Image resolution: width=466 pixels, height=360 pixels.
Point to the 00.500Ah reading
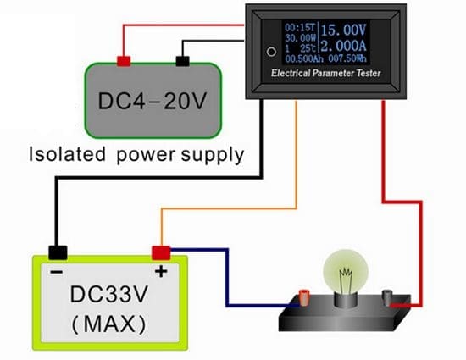tap(301, 58)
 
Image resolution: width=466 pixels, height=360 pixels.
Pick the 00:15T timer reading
tap(298, 26)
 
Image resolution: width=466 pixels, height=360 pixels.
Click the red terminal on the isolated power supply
tap(124, 61)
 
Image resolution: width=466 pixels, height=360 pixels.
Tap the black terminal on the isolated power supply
tap(181, 61)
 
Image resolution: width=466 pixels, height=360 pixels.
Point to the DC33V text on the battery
tap(107, 297)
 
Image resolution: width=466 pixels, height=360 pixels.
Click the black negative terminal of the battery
tap(58, 252)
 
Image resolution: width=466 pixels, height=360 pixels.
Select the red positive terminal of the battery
tap(160, 252)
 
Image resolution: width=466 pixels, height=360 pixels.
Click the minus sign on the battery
tap(56, 272)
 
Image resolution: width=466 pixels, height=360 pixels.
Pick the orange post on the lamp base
tap(301, 296)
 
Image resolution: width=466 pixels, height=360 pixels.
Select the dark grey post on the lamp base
tap(387, 296)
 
